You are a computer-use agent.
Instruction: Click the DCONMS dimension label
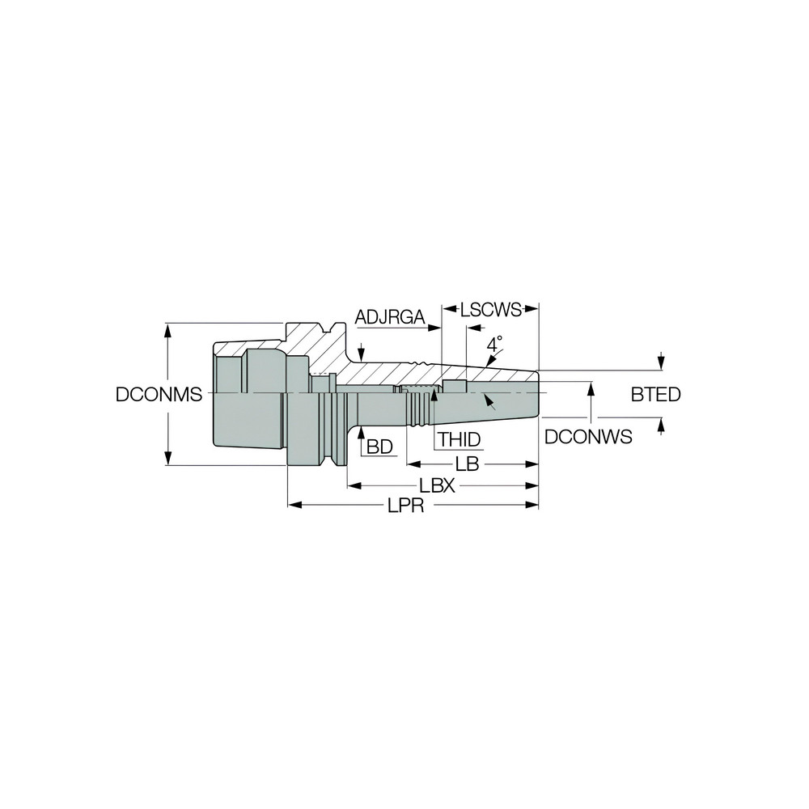pyautogui.click(x=158, y=395)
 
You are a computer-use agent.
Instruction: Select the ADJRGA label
pyautogui.click(x=390, y=317)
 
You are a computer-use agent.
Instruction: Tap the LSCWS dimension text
pyautogui.click(x=491, y=308)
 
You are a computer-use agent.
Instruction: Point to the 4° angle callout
pyautogui.click(x=494, y=344)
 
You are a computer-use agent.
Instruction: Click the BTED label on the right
pyautogui.click(x=655, y=395)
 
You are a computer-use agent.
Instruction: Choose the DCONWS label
pyautogui.click(x=587, y=437)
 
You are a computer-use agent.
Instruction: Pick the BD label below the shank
pyautogui.click(x=379, y=446)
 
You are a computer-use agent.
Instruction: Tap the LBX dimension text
pyautogui.click(x=438, y=485)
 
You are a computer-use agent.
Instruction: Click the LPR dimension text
pyautogui.click(x=407, y=505)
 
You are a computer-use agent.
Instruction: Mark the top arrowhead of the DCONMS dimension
pyautogui.click(x=168, y=328)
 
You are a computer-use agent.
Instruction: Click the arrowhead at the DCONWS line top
pyautogui.click(x=592, y=388)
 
